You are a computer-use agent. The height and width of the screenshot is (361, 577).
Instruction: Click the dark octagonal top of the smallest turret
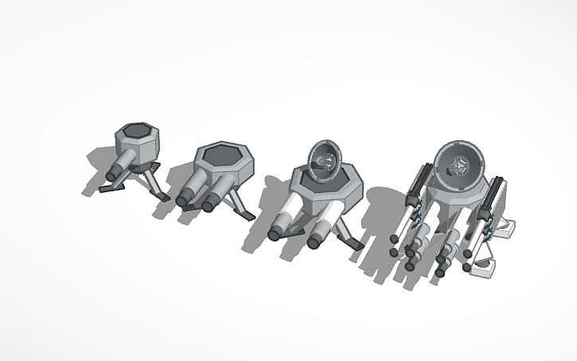136,129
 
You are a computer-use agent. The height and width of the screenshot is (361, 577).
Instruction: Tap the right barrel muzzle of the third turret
316,237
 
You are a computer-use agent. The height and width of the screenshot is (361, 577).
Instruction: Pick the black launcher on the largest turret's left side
419,191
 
